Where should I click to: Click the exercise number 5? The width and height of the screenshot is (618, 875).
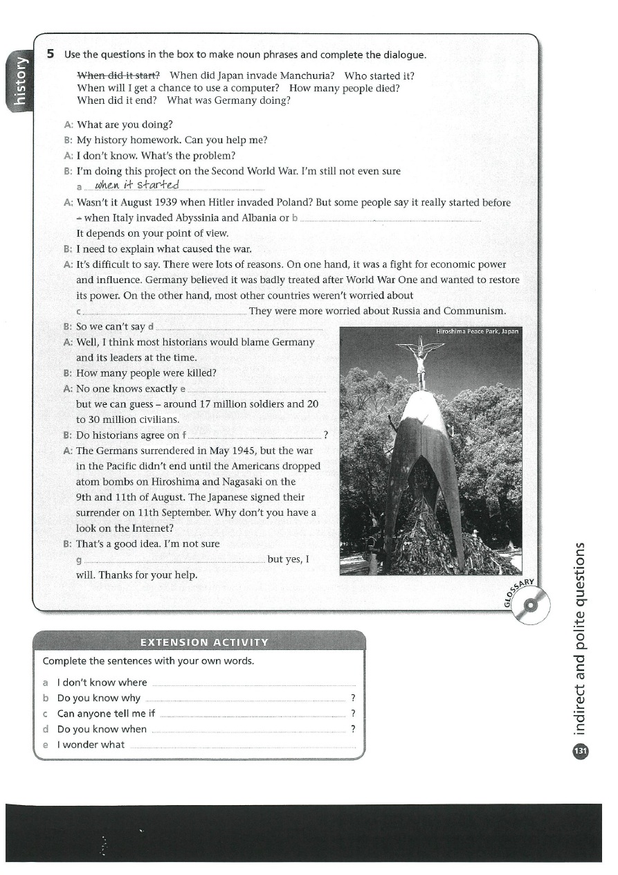(x=51, y=54)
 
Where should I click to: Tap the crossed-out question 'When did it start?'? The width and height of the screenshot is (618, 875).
(x=118, y=75)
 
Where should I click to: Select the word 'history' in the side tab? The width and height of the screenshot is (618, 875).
(x=19, y=82)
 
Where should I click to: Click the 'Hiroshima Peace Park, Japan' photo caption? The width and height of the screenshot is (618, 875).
(x=477, y=332)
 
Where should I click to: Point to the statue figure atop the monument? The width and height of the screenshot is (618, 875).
(x=420, y=360)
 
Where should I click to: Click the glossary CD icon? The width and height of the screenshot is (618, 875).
(x=530, y=605)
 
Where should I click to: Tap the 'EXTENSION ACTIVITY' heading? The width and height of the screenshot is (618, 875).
(x=204, y=642)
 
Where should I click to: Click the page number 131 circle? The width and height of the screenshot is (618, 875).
(x=580, y=750)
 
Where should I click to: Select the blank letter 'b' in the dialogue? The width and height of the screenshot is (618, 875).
(x=296, y=217)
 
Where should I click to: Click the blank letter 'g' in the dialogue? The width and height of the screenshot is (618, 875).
(x=79, y=559)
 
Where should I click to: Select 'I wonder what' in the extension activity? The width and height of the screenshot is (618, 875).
(x=91, y=745)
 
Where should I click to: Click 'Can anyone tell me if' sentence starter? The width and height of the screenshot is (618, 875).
(x=106, y=713)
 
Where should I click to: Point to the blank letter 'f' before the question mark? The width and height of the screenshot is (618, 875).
(x=183, y=435)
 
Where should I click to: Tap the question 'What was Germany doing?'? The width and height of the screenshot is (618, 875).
(x=228, y=100)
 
